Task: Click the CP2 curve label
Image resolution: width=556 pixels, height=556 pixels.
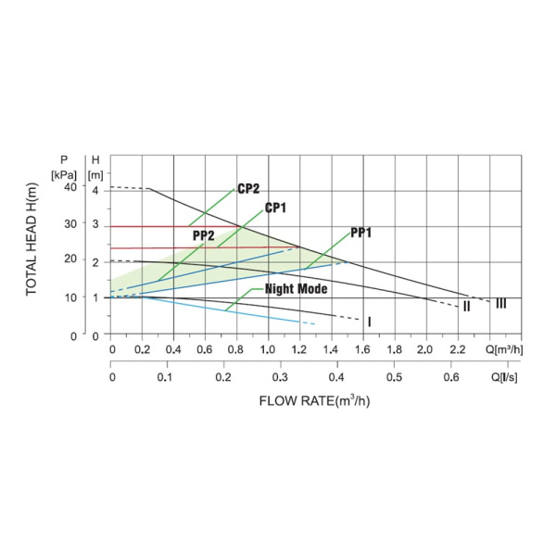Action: click(247, 189)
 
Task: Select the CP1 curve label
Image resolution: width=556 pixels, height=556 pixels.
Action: click(275, 208)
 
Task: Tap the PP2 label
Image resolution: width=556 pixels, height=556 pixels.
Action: click(204, 236)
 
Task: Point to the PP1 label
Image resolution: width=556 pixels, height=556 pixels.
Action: click(361, 233)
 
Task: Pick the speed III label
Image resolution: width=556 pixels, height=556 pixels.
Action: click(500, 303)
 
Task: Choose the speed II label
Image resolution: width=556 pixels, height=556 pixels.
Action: click(466, 307)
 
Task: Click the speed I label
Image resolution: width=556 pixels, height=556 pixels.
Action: click(369, 322)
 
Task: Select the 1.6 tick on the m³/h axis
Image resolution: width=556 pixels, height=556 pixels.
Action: click(363, 350)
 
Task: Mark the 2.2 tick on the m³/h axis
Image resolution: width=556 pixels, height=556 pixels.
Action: click(457, 350)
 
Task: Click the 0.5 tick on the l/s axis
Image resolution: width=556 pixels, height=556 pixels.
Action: click(394, 378)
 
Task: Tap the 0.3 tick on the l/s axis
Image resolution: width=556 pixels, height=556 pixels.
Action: click(281, 378)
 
